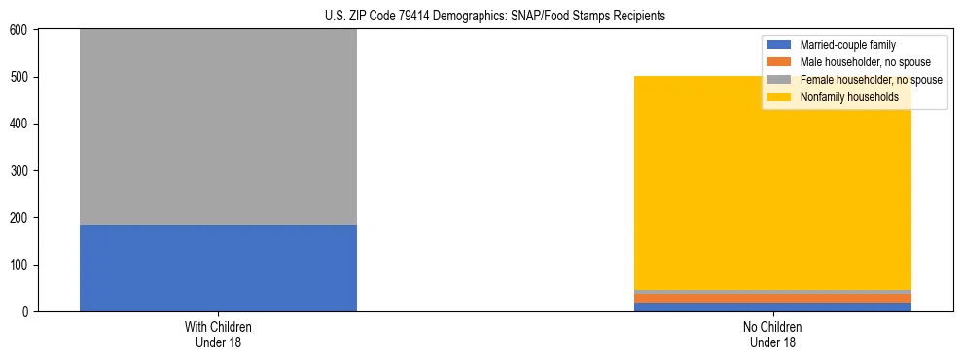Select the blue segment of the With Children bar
(218, 268)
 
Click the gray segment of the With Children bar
(218, 126)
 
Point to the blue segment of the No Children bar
(773, 307)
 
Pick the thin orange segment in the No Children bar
(773, 298)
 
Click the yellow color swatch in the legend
(779, 97)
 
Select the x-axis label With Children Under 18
(218, 334)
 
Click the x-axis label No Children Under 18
(773, 334)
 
